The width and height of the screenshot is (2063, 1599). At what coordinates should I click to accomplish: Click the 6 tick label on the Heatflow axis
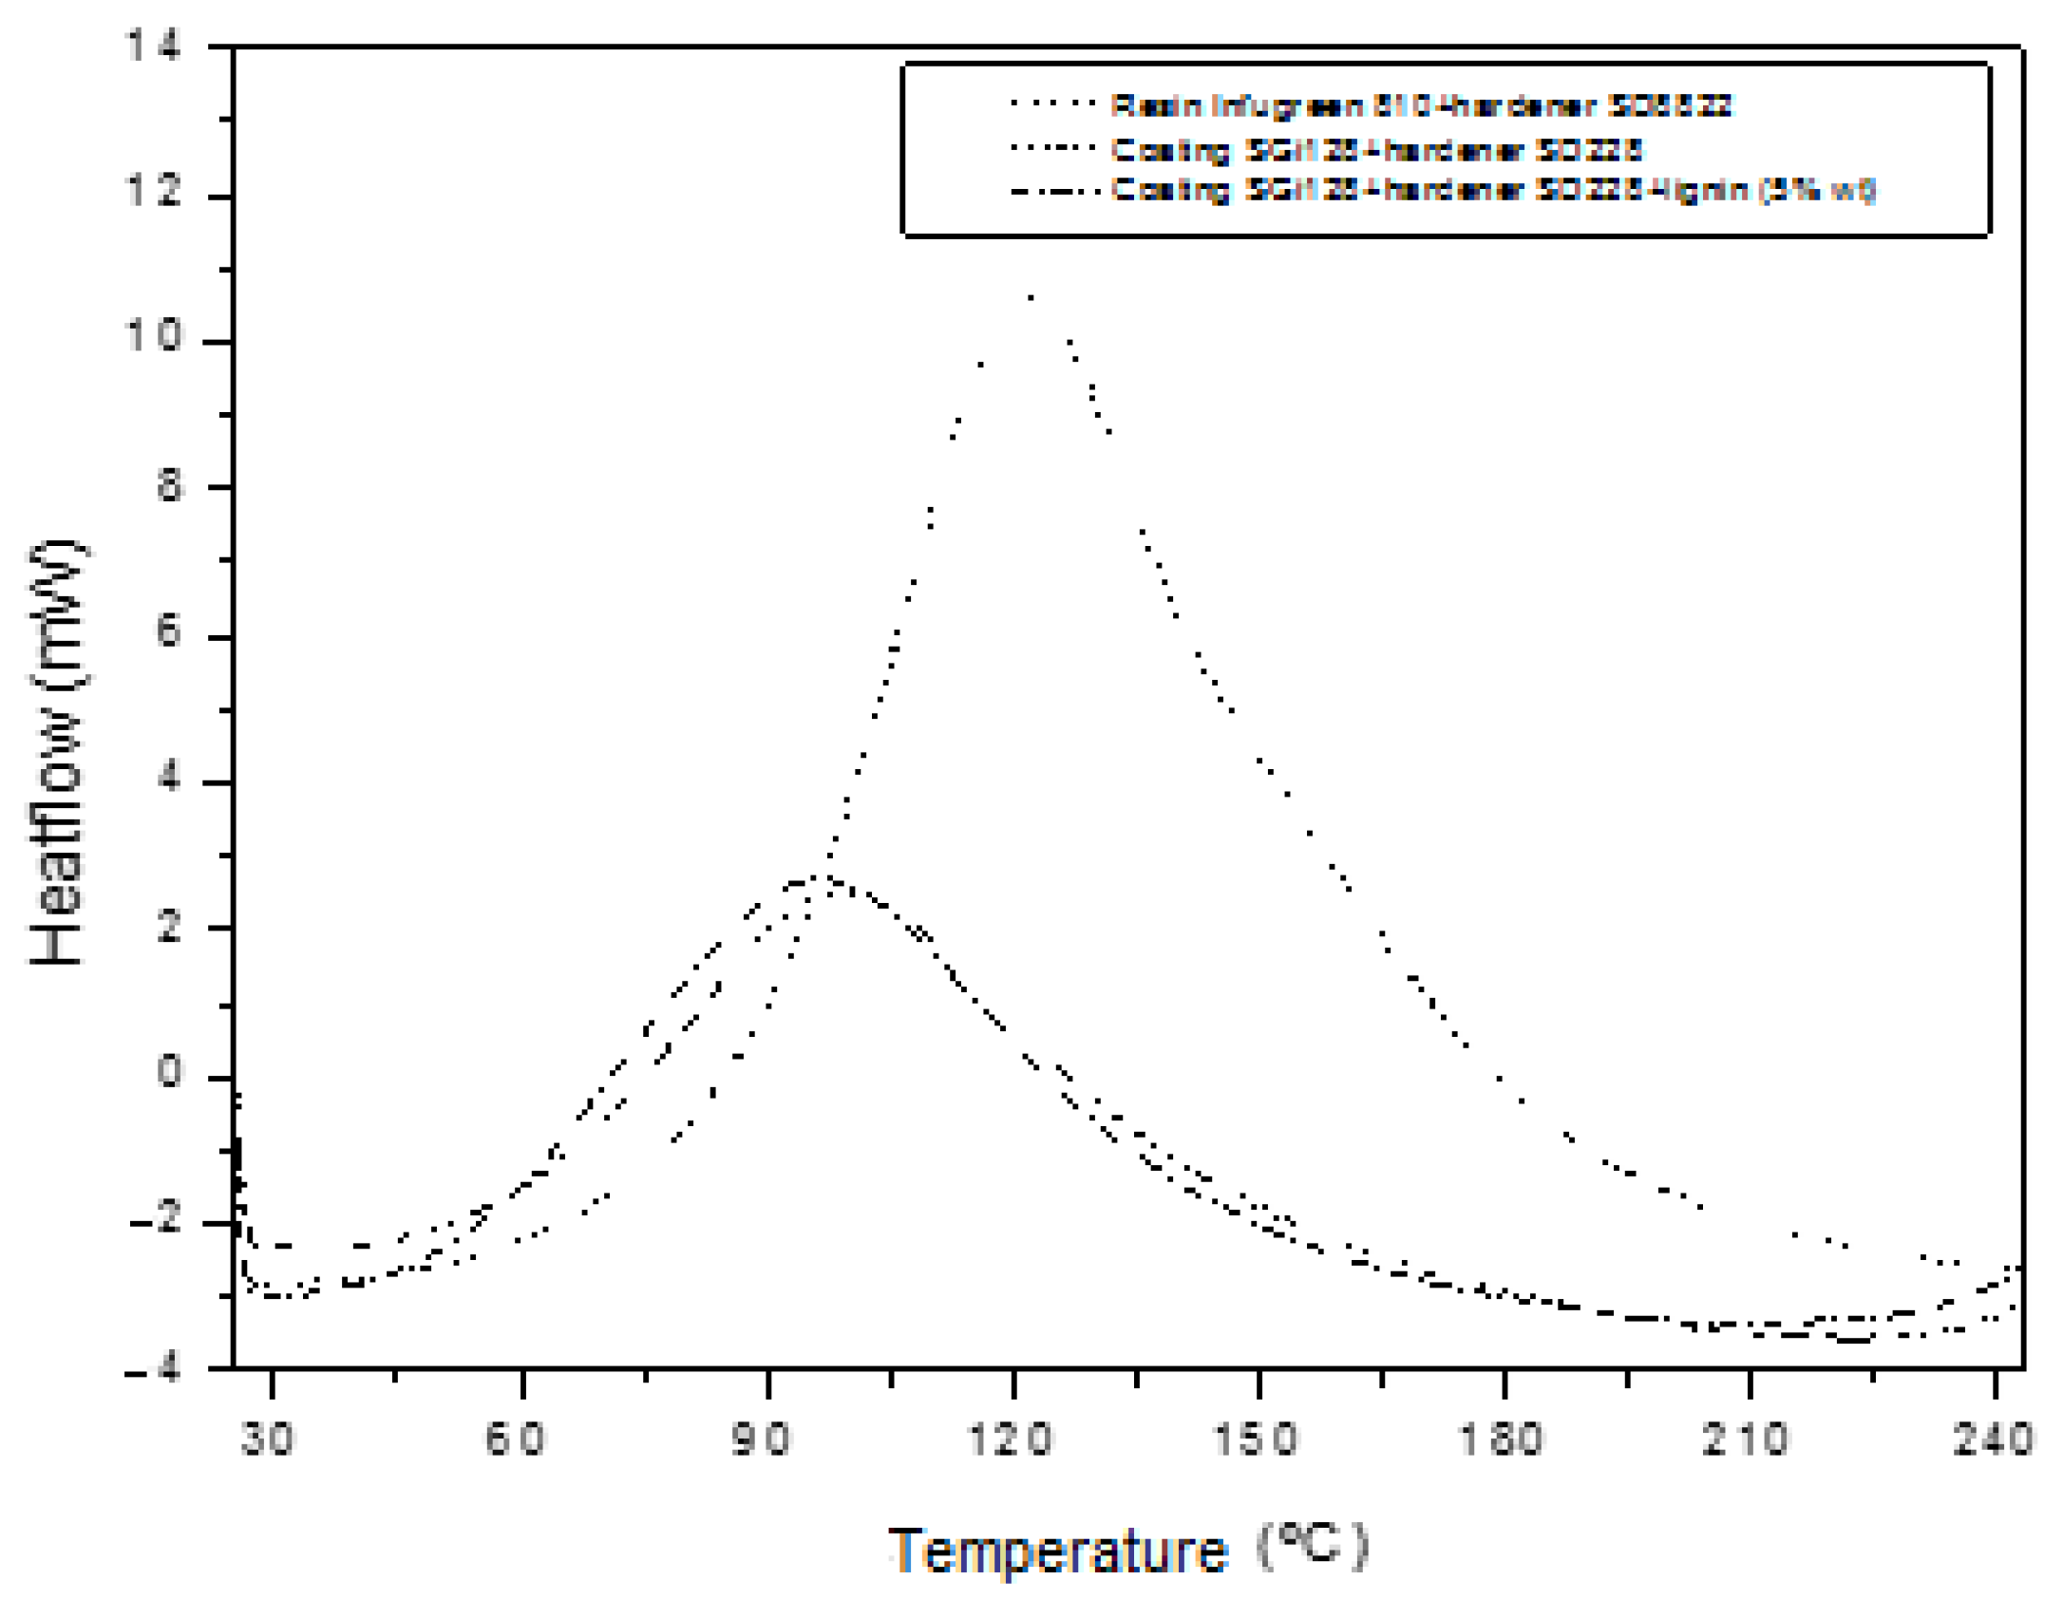pyautogui.click(x=169, y=630)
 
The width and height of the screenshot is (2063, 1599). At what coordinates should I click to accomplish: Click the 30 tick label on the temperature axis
pyautogui.click(x=267, y=1439)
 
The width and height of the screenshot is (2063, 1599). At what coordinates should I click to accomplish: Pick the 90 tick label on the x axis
pyautogui.click(x=761, y=1439)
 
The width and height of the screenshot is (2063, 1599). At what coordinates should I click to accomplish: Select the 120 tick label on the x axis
pyautogui.click(x=1010, y=1439)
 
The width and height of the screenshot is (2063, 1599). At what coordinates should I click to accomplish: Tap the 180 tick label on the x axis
pyautogui.click(x=1501, y=1439)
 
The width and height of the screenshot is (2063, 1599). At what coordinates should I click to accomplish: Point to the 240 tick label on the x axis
pyautogui.click(x=1993, y=1439)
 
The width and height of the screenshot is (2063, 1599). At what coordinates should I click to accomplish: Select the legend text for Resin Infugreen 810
pyautogui.click(x=1420, y=105)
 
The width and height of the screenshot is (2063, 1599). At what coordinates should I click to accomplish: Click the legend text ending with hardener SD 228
pyautogui.click(x=1376, y=149)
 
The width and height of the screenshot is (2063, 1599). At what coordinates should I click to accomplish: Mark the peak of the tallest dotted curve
pyautogui.click(x=1031, y=296)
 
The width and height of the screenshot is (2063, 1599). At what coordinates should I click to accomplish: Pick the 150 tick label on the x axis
pyautogui.click(x=1256, y=1439)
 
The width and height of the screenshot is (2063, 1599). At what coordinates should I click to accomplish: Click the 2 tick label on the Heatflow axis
pyautogui.click(x=169, y=927)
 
